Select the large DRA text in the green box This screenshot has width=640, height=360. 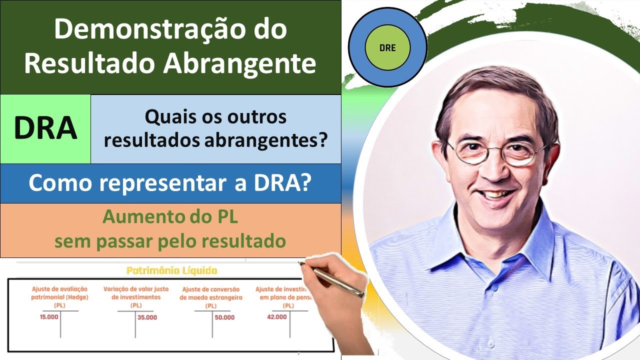(x=45, y=128)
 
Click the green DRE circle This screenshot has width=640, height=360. (x=387, y=48)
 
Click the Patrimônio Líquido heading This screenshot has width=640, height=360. (x=171, y=271)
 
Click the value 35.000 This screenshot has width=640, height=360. (x=147, y=317)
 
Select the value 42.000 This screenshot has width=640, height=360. (x=277, y=316)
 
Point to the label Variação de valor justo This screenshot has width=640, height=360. (x=136, y=289)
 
